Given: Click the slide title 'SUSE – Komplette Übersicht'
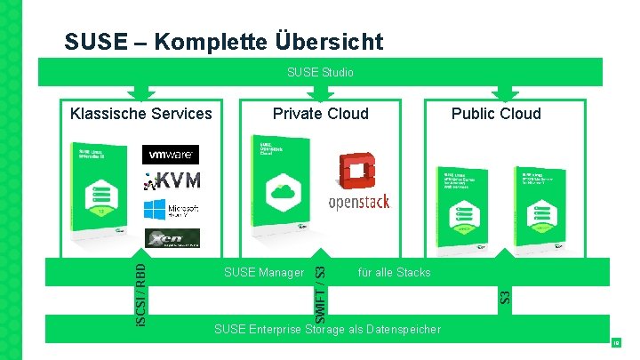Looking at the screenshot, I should point(224,42).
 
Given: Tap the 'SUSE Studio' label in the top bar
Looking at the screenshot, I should point(320,72).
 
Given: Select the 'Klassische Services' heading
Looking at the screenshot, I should point(141,113).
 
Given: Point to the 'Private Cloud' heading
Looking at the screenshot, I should point(320,113).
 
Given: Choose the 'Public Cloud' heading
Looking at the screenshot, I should point(495,113).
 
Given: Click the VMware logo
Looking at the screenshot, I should point(171,155).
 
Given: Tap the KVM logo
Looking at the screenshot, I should point(171,180).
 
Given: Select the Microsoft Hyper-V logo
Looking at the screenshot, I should point(171,210).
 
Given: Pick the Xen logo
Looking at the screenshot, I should point(171,238).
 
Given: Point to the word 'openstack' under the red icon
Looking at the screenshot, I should point(359,202).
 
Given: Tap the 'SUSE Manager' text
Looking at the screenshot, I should point(264,272).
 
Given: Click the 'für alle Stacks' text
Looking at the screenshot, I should point(394,272).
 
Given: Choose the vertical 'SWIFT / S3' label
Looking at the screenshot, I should point(321,289).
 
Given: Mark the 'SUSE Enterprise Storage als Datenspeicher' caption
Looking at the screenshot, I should point(327,330).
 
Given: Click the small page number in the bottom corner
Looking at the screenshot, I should point(614,341).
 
